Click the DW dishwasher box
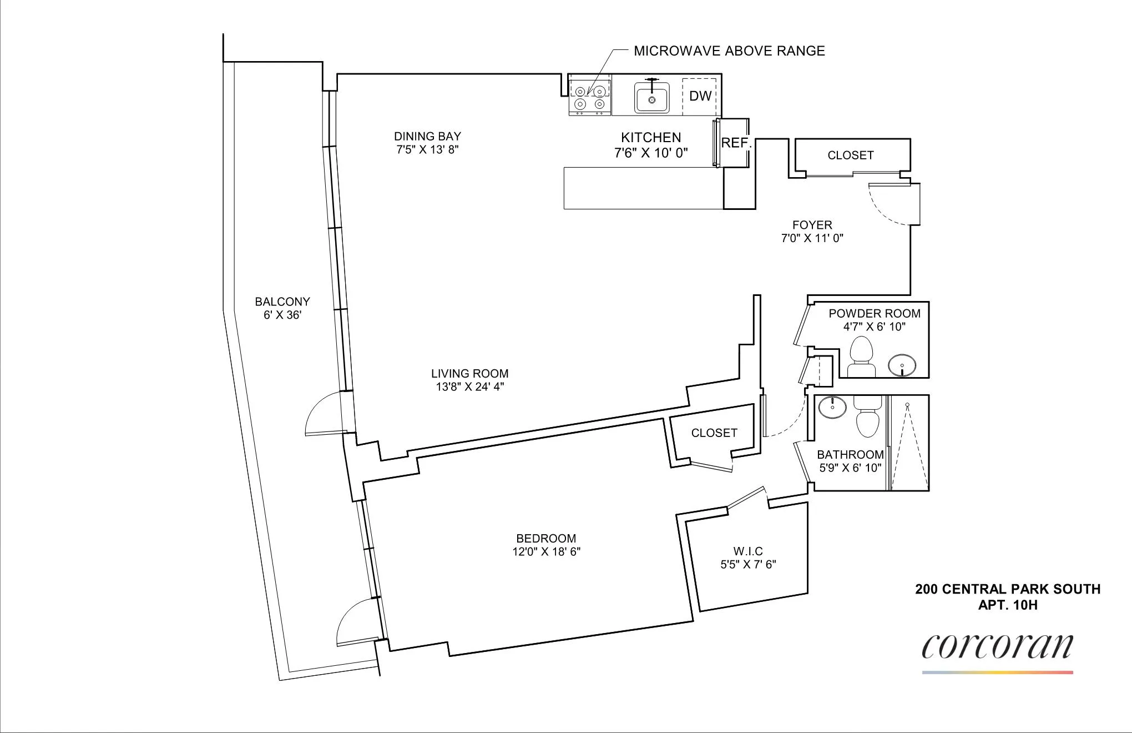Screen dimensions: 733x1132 pyautogui.click(x=700, y=96)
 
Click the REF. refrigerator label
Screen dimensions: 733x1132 pyautogui.click(x=736, y=143)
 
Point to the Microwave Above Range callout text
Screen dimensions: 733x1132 pyautogui.click(x=729, y=51)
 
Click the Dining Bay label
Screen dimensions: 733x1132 pyautogui.click(x=427, y=136)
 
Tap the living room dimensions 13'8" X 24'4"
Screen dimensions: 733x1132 pyautogui.click(x=469, y=387)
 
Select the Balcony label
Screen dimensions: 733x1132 pyautogui.click(x=282, y=302)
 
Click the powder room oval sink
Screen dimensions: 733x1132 pyautogui.click(x=902, y=366)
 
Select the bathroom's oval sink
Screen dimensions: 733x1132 pyautogui.click(x=832, y=407)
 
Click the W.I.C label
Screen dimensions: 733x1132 pyautogui.click(x=748, y=551)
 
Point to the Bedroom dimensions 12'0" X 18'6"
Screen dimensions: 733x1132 pyautogui.click(x=546, y=551)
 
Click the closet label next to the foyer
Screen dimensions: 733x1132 pyautogui.click(x=850, y=155)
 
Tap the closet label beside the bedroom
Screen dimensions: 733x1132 pyautogui.click(x=714, y=433)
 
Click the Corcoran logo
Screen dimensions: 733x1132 pyautogui.click(x=997, y=647)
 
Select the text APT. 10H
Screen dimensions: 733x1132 pyautogui.click(x=1007, y=605)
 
